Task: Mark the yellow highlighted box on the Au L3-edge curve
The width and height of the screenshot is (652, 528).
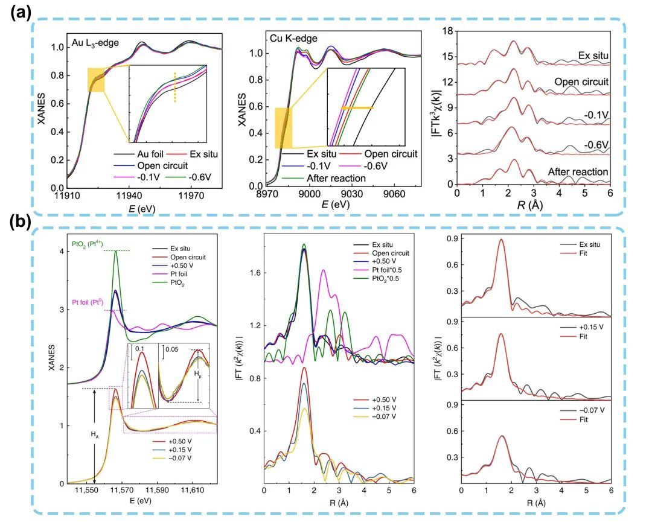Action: [x=96, y=80]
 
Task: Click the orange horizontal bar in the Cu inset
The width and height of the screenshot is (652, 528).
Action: [x=358, y=107]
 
